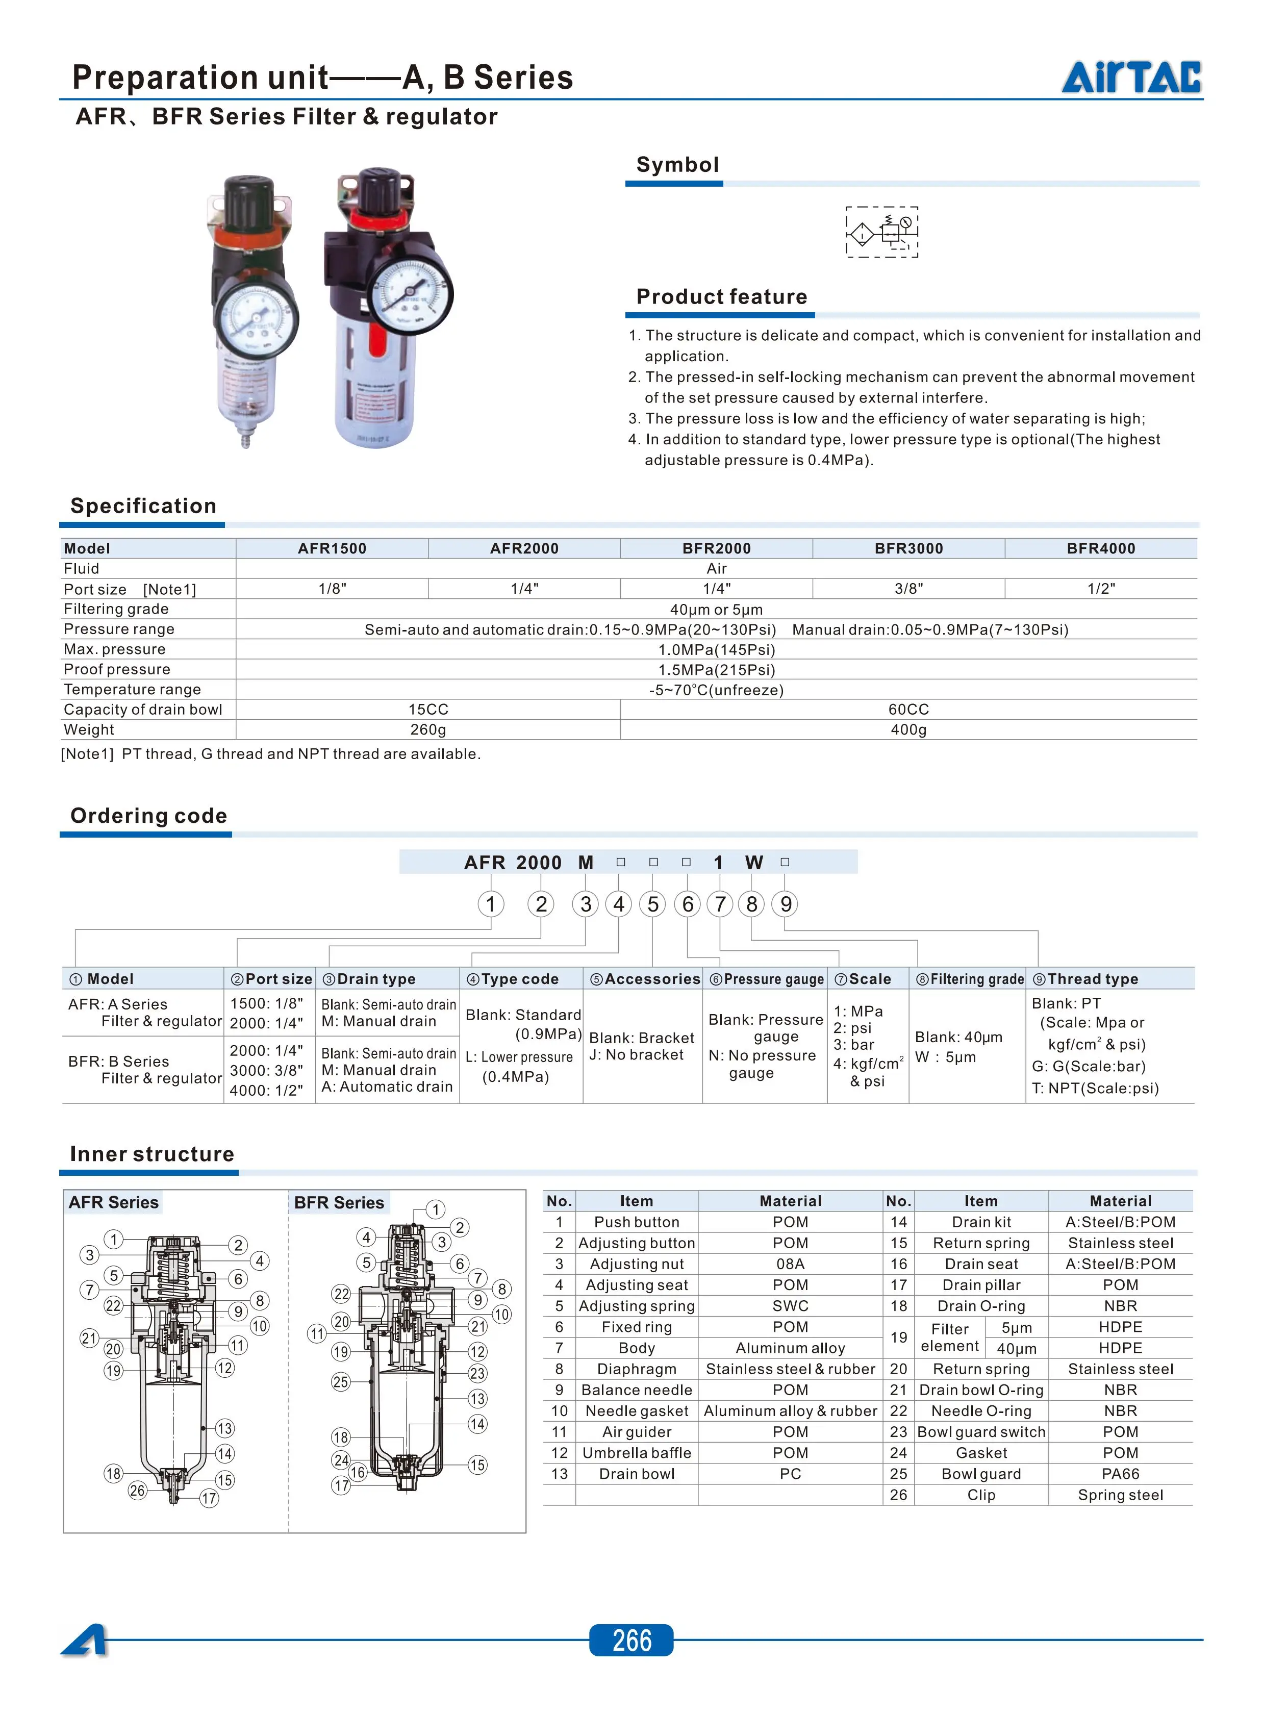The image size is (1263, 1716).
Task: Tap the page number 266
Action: pos(631,1639)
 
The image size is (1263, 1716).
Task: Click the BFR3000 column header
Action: pos(908,548)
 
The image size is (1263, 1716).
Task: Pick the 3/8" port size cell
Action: pos(908,589)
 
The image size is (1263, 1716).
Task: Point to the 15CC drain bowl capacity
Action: pos(427,710)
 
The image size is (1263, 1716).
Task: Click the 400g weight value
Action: pos(908,730)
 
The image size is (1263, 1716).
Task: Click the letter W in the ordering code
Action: pos(754,863)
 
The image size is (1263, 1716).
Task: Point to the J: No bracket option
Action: pos(636,1055)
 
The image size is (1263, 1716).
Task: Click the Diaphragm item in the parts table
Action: pos(636,1369)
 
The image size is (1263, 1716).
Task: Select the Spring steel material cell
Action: pos(1120,1495)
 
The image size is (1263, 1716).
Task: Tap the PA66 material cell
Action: pos(1120,1474)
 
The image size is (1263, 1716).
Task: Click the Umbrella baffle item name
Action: pos(636,1453)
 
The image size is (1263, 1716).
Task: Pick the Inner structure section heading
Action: pos(152,1154)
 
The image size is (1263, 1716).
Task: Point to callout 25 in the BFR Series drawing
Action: pos(341,1382)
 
